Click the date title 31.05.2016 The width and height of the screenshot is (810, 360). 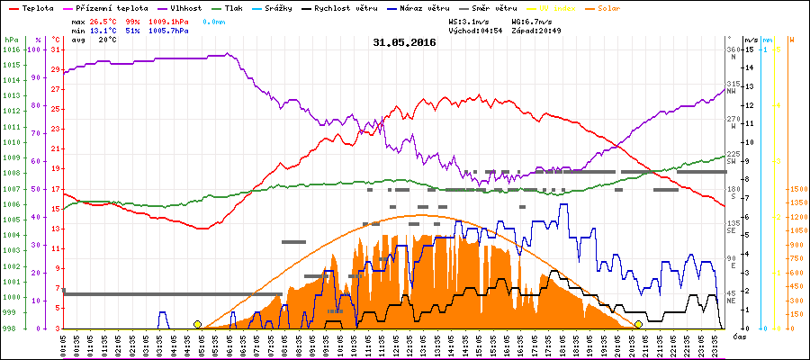404,42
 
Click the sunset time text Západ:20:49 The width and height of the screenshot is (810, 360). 541,30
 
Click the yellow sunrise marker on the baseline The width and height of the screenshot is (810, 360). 197,324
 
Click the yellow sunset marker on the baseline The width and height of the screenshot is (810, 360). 638,324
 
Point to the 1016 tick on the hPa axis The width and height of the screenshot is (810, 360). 10,49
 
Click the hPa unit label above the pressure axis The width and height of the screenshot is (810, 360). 10,40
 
